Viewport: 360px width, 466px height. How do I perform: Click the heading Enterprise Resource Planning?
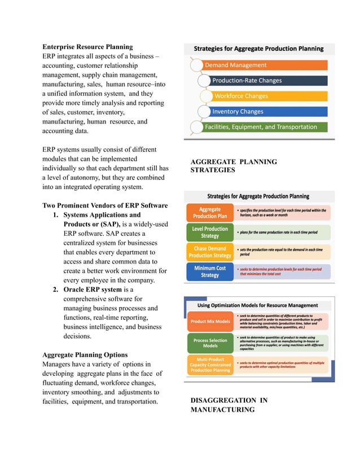[x=87, y=47]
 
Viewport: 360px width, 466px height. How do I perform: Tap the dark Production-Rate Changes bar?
[x=265, y=81]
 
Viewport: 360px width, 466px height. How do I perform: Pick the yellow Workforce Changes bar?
[x=268, y=96]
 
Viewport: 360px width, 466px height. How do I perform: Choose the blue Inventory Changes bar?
[x=265, y=112]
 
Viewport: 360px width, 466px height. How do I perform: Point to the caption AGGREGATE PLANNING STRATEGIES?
[x=234, y=166]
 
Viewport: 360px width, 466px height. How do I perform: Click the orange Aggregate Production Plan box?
[x=210, y=213]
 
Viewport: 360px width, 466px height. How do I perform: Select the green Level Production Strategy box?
[x=210, y=232]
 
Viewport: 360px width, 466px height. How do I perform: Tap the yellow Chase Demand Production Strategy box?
[x=210, y=252]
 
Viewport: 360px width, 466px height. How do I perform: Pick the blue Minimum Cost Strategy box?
[x=210, y=272]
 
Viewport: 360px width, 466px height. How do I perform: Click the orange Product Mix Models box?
[x=210, y=322]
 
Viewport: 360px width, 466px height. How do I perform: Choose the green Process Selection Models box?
[x=210, y=343]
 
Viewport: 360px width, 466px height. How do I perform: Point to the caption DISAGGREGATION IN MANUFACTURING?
[x=229, y=405]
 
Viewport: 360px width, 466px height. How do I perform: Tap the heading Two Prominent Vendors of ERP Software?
[x=105, y=205]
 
